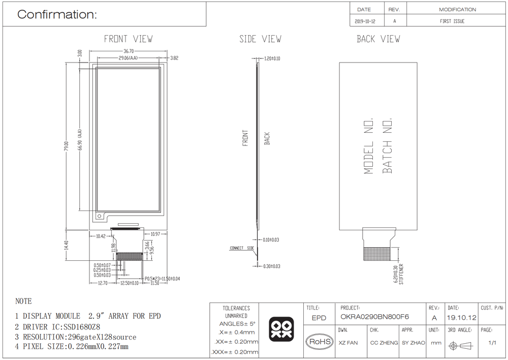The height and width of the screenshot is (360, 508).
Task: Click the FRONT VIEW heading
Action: (x=128, y=39)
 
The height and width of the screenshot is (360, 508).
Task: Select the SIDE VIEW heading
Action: (x=260, y=39)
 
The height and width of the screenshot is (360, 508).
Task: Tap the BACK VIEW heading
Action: (x=378, y=39)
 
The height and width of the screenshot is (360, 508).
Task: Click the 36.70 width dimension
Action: (x=129, y=51)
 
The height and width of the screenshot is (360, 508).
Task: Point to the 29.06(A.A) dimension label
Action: (x=128, y=58)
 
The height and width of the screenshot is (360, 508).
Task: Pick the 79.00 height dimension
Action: (x=67, y=146)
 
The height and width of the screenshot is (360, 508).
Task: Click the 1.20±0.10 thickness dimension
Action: (x=272, y=58)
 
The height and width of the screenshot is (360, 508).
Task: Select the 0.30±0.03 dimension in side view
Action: (x=271, y=266)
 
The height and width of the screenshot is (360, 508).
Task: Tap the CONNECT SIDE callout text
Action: (x=242, y=248)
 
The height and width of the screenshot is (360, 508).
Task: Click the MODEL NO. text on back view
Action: (x=369, y=146)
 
